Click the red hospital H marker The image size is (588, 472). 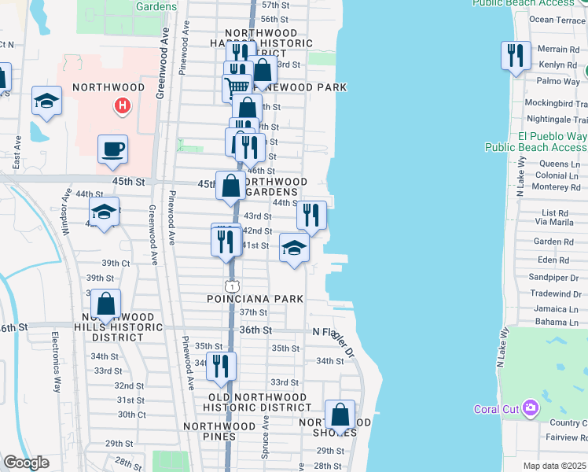[122, 105]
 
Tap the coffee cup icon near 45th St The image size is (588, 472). [113, 149]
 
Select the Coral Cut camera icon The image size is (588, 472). [531, 408]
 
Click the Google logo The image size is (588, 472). [26, 463]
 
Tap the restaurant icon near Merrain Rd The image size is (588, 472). [515, 55]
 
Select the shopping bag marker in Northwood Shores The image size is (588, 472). [340, 415]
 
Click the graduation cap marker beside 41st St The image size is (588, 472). [294, 249]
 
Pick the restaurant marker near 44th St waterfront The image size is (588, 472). [311, 215]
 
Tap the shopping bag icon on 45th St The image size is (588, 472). [231, 186]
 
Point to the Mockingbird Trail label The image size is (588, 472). [556, 103]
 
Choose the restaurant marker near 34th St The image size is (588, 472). [221, 366]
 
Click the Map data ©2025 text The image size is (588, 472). [555, 466]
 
